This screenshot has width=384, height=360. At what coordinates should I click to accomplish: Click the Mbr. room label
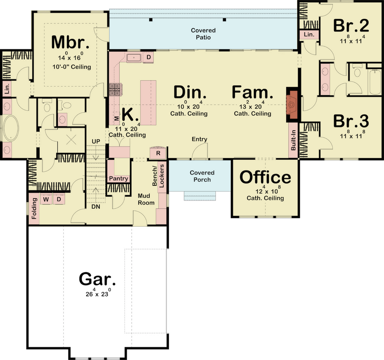(70, 42)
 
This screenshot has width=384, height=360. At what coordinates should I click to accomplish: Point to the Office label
(265, 177)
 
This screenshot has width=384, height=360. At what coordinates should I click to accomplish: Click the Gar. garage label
(97, 279)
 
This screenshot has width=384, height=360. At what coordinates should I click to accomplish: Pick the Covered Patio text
(203, 34)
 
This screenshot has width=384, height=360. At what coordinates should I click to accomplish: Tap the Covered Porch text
(202, 176)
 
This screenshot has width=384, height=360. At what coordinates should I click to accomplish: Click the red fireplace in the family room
(292, 105)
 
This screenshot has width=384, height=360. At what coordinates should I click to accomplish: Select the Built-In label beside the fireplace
(293, 140)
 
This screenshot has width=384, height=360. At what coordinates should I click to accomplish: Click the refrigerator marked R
(158, 153)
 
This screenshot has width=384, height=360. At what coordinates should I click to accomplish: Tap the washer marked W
(46, 199)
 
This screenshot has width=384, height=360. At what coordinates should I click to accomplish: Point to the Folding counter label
(34, 208)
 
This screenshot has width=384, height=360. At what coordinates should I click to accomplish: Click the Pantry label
(118, 179)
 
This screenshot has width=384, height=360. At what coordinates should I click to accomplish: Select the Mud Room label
(146, 199)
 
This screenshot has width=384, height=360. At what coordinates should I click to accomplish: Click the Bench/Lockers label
(158, 176)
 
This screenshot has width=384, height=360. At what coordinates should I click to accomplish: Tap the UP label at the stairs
(96, 142)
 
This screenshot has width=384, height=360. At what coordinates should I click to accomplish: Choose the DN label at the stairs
(96, 207)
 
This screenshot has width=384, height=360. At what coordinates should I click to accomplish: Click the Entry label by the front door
(199, 139)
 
